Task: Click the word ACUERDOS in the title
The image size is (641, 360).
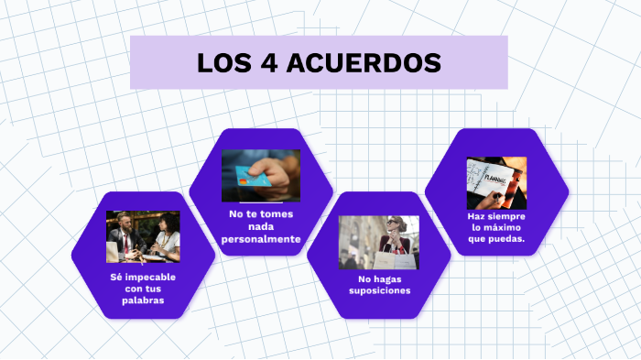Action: coord(366,63)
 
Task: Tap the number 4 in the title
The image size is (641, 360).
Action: coord(268,63)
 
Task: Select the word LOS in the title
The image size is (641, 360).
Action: coord(223,63)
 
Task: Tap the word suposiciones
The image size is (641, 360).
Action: coord(379,290)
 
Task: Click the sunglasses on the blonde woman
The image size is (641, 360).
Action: coord(394,224)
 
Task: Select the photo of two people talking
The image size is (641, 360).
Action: coord(143,236)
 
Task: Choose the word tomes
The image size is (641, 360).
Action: coord(277,214)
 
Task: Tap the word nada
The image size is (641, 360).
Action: coord(261,226)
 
